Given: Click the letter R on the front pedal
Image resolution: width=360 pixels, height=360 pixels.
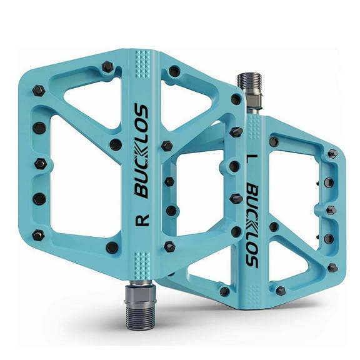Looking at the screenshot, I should click(142, 220).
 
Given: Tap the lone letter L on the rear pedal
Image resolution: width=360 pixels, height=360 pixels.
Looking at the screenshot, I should click(251, 159).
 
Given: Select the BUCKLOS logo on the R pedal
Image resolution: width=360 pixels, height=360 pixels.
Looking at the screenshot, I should click(142, 151).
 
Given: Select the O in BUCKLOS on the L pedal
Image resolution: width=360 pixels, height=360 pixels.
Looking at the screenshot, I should click(251, 250).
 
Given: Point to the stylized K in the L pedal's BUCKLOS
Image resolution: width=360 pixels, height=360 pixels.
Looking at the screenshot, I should click(251, 224).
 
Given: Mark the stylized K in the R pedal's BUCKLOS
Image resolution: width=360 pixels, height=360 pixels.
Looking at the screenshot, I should click(142, 150).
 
